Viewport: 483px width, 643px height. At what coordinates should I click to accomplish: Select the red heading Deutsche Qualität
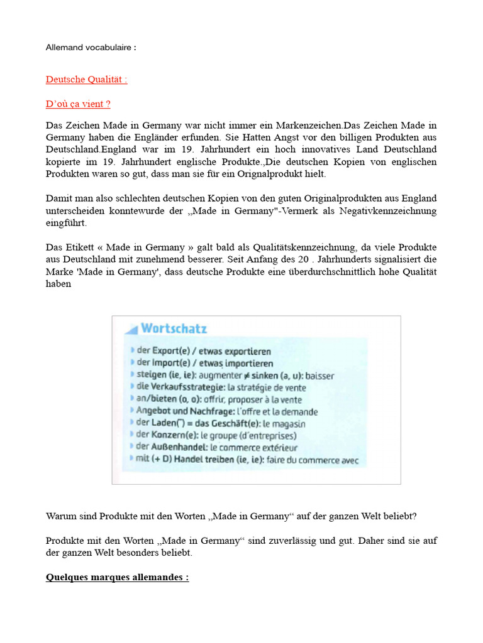(x=86, y=80)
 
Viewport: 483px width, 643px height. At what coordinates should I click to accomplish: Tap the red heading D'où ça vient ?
(x=78, y=104)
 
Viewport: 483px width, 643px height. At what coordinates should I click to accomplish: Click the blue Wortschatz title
(x=174, y=328)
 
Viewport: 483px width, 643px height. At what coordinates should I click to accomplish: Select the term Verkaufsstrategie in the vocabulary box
(x=177, y=387)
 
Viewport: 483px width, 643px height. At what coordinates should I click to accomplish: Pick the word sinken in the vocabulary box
(x=271, y=376)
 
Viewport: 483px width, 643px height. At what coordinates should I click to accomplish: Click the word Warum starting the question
(x=61, y=516)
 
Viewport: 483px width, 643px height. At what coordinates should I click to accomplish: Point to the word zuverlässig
(x=294, y=540)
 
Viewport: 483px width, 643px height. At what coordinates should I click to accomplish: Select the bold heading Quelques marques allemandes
(x=117, y=577)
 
